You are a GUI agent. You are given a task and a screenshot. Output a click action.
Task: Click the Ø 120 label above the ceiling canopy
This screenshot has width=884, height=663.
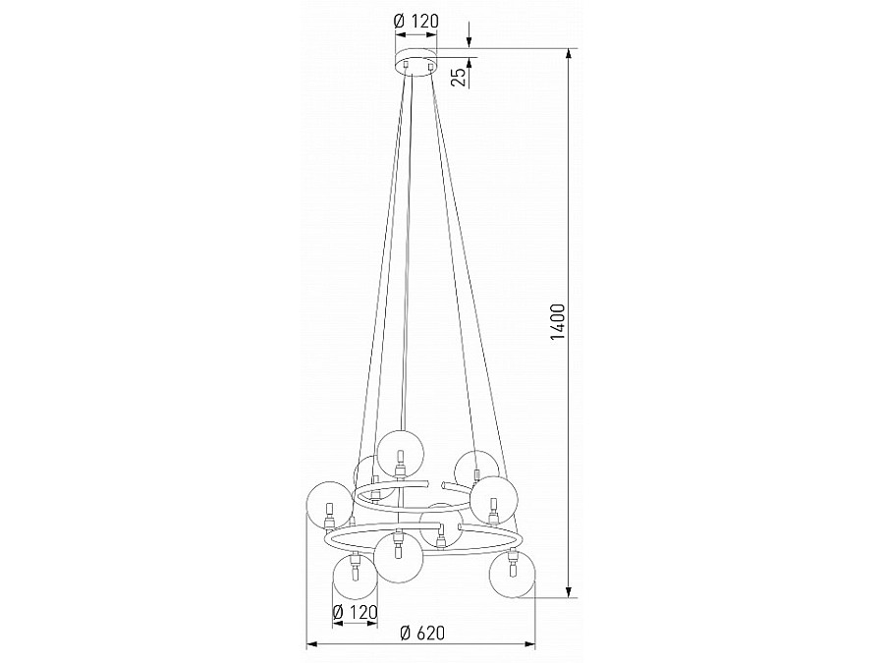click(x=416, y=21)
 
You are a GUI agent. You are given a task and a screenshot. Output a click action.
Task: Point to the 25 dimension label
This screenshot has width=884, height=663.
click(x=461, y=76)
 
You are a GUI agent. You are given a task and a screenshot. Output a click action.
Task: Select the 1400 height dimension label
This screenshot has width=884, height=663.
click(x=558, y=322)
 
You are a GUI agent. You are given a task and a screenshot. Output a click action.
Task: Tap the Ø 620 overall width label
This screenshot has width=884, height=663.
click(x=422, y=633)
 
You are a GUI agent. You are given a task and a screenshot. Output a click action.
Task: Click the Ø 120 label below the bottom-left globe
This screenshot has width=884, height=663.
click(x=356, y=612)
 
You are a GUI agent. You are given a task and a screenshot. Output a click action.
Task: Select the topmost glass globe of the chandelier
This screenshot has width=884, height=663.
click(x=401, y=453)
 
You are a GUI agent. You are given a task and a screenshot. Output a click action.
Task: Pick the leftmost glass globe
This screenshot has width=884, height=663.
click(x=327, y=505)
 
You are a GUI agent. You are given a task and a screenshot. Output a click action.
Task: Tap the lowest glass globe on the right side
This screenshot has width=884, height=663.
click(x=513, y=575)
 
